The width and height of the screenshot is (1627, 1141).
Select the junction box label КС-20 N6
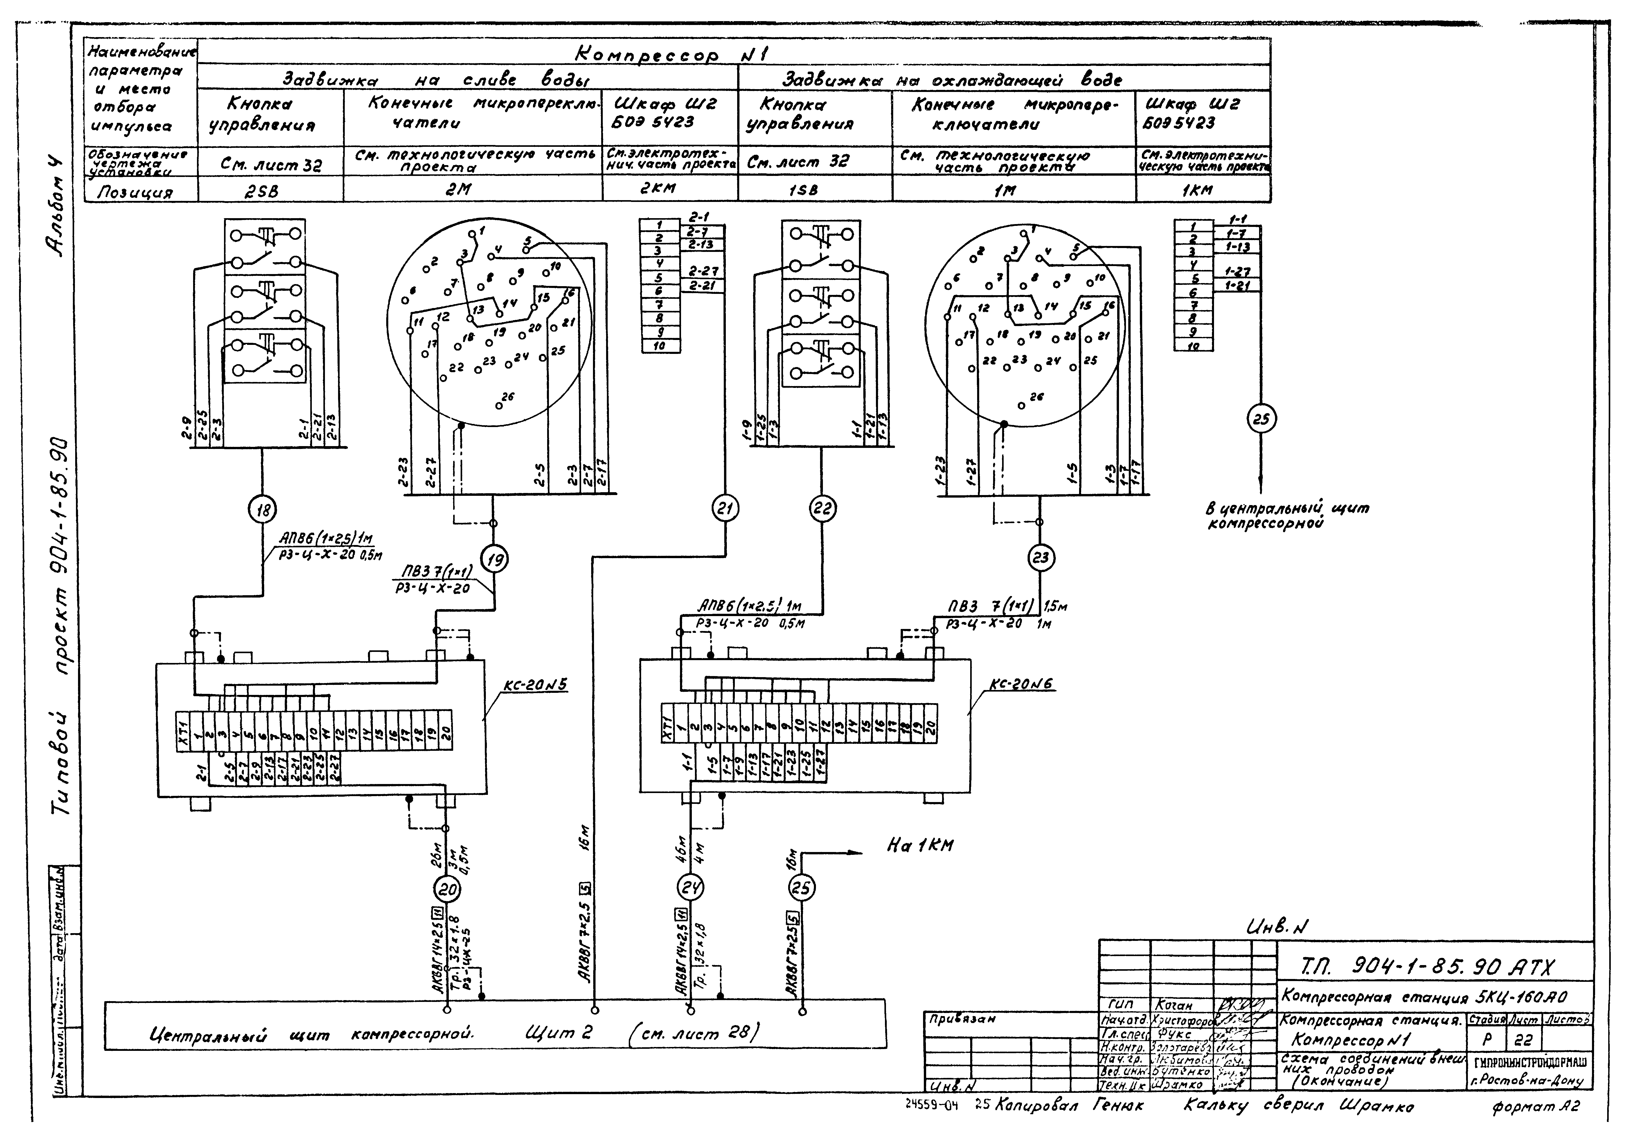(x=1020, y=685)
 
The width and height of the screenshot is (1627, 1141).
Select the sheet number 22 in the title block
(x=1522, y=1040)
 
